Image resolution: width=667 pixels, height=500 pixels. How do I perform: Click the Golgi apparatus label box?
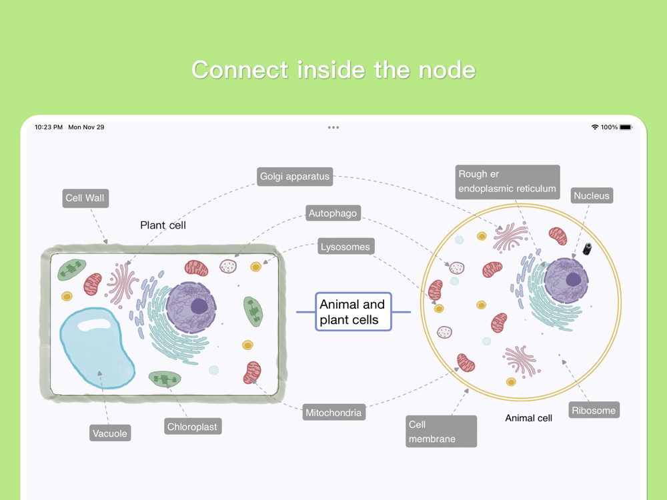pyautogui.click(x=295, y=177)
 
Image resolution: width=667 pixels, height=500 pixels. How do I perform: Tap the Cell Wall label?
pyautogui.click(x=85, y=198)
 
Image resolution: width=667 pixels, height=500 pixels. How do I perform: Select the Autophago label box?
pyautogui.click(x=333, y=213)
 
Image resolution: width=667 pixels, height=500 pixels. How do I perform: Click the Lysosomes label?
pyautogui.click(x=345, y=247)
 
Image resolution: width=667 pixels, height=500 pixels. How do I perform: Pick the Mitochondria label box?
pyautogui.click(x=333, y=413)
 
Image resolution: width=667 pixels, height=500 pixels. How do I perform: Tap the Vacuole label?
pyautogui.click(x=109, y=433)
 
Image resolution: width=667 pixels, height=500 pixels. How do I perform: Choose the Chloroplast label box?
pyautogui.click(x=192, y=427)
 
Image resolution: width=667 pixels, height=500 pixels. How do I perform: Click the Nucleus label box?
pyautogui.click(x=592, y=195)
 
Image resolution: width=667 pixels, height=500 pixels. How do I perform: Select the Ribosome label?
pyautogui.click(x=594, y=410)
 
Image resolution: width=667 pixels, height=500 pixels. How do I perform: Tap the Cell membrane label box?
pyautogui.click(x=441, y=431)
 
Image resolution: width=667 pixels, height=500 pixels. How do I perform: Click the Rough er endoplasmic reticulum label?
pyautogui.click(x=507, y=181)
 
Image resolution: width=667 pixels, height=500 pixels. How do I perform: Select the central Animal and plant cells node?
pyautogui.click(x=353, y=312)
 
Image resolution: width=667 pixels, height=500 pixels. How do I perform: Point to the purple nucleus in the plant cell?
pyautogui.click(x=191, y=307)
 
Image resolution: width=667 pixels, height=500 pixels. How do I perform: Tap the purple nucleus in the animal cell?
pyautogui.click(x=566, y=280)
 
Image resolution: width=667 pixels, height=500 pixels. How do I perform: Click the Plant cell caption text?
pyautogui.click(x=163, y=225)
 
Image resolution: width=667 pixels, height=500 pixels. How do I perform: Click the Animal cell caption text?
pyautogui.click(x=528, y=418)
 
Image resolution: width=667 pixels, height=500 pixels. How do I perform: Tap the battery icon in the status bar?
pyautogui.click(x=626, y=127)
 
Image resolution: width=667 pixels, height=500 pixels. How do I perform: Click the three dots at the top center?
pyautogui.click(x=333, y=127)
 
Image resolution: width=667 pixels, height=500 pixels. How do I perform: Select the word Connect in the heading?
pyautogui.click(x=240, y=70)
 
